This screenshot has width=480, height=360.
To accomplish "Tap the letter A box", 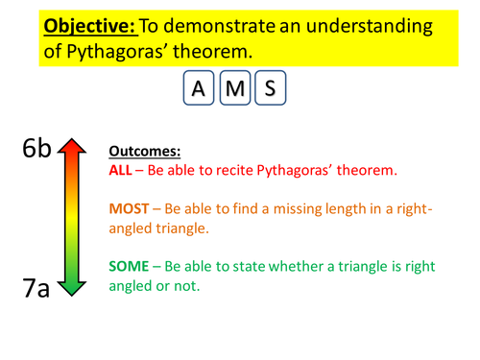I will coord(199,90).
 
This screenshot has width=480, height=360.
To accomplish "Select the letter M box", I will coord(234,90).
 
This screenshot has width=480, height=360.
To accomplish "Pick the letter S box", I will coord(270,90).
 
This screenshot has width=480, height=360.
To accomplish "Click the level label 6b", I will coord(40,149).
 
